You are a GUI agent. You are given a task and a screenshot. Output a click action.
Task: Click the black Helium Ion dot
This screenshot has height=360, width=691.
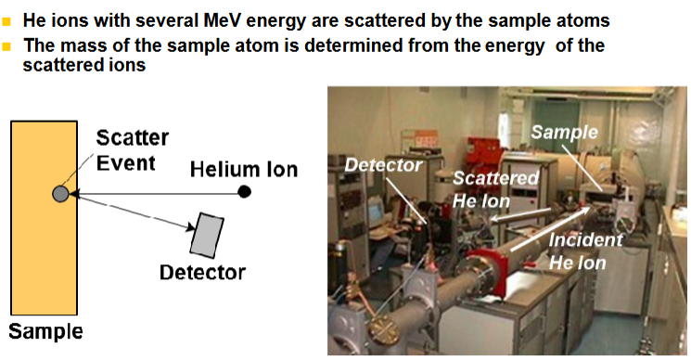(x=244, y=192)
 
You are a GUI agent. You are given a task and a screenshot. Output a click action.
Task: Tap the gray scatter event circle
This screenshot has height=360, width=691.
(x=60, y=193)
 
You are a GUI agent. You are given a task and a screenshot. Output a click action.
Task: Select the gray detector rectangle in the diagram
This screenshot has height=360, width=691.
(x=206, y=236)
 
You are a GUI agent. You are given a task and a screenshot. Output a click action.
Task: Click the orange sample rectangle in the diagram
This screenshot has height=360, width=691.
(x=45, y=218)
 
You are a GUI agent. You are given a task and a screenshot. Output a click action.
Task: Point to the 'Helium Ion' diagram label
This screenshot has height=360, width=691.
(x=244, y=170)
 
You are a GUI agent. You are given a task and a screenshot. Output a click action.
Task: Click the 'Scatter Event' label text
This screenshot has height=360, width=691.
(x=133, y=150)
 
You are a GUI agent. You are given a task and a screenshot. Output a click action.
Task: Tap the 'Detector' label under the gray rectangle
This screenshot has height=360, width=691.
(x=202, y=272)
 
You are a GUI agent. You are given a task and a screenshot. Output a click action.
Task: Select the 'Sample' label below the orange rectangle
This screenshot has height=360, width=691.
(x=45, y=331)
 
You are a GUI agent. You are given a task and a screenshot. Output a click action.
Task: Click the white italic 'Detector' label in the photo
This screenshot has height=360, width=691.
(x=383, y=165)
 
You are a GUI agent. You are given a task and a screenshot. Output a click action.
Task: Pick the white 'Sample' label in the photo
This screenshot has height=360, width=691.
(x=564, y=132)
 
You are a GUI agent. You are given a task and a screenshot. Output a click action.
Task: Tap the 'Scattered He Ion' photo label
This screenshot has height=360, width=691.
(x=495, y=189)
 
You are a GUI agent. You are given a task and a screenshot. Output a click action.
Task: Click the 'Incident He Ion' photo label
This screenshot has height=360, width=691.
(x=585, y=251)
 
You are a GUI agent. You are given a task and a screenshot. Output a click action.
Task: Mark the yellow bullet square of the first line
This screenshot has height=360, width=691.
(x=6, y=21)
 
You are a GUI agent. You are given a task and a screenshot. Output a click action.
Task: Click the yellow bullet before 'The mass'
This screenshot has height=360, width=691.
(x=6, y=45)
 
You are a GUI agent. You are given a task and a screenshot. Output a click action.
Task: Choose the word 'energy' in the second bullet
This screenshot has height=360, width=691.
(x=516, y=46)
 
